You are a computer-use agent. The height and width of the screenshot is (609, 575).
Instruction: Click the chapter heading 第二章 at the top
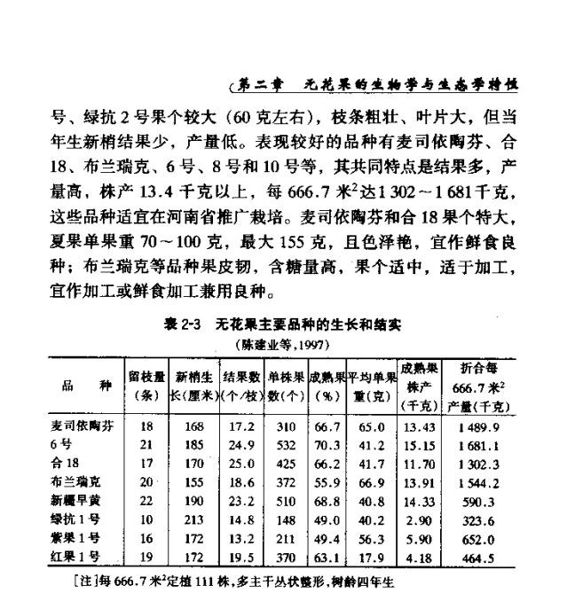click(x=264, y=85)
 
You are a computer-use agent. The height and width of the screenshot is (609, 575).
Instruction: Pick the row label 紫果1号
click(x=74, y=538)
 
